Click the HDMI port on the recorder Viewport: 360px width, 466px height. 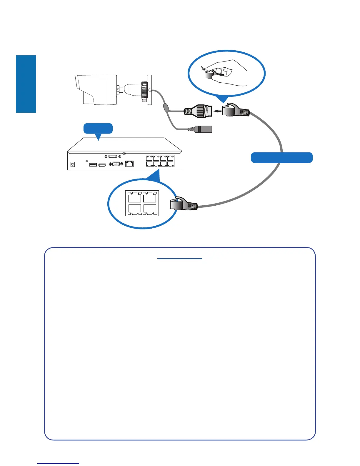(102, 165)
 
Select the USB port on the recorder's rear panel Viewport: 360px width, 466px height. (93, 164)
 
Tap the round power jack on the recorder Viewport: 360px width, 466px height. (73, 164)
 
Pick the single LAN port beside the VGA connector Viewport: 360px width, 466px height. (129, 164)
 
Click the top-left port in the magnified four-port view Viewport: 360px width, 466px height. (135, 197)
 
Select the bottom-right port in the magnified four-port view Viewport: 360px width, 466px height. (150, 209)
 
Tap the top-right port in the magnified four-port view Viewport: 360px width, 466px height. (150, 197)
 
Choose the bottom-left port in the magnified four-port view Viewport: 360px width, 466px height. (135, 209)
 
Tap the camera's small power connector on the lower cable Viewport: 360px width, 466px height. (203, 129)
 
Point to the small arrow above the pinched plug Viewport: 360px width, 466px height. (203, 69)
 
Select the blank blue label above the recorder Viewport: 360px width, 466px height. (98, 129)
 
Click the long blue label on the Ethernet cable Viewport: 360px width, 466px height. (281, 158)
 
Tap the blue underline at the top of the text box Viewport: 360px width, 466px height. (180, 259)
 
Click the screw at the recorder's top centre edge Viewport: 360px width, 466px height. (124, 153)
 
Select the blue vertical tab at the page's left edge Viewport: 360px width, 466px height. (26, 84)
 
